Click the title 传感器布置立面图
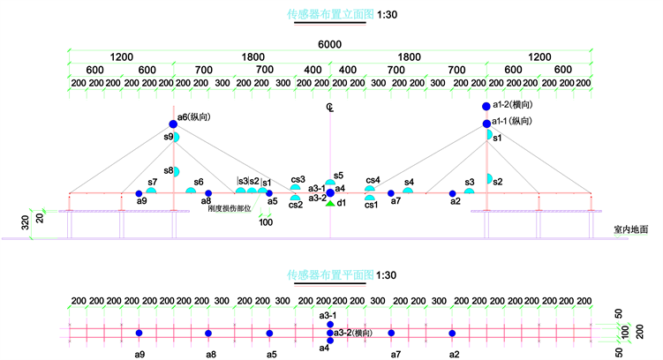coord(330,14)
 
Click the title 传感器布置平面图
coord(330,274)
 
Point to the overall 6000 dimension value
coord(330,44)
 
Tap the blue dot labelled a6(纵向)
coord(174,124)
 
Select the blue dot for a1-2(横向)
coord(486,107)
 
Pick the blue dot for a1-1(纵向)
coord(486,122)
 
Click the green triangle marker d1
coord(330,204)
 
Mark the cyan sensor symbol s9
coord(177,137)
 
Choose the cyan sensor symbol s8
coord(177,171)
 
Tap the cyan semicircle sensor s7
coord(152,191)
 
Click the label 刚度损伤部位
coord(230,209)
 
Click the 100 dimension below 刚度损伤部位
coord(266,222)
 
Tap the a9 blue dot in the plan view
coord(139,333)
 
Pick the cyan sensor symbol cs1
coord(371,199)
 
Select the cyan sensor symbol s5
coord(330,184)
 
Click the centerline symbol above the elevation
coord(330,108)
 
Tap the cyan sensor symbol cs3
coord(296,188)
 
